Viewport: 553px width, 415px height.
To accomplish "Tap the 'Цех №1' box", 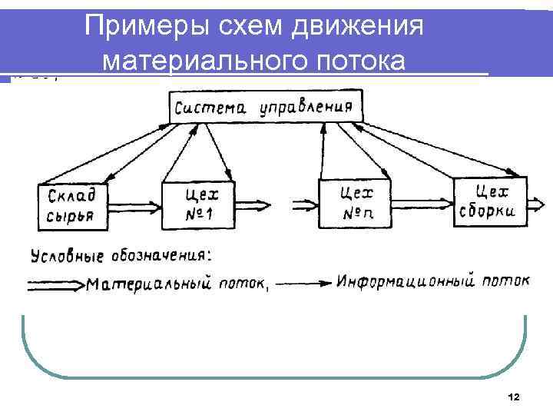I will (x=198, y=204).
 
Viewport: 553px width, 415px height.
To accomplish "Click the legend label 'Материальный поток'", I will (x=176, y=284).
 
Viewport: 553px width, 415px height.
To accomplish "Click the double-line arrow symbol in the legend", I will (x=55, y=284).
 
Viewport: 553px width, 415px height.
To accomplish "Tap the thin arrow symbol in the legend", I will (x=303, y=283).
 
